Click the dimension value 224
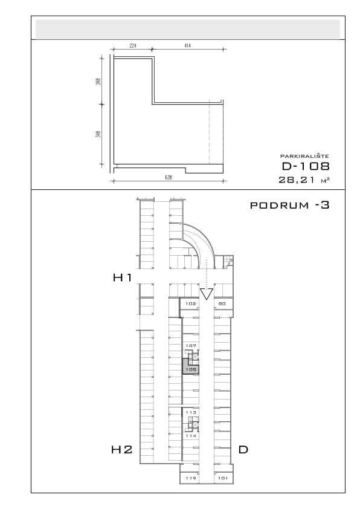(x=133, y=45)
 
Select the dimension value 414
(x=187, y=45)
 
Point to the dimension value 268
(x=98, y=81)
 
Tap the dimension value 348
(x=98, y=134)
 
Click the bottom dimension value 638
(x=169, y=177)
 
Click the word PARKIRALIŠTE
(x=304, y=157)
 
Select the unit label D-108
(x=306, y=166)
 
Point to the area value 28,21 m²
(x=304, y=180)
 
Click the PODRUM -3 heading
(x=290, y=205)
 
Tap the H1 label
(x=122, y=277)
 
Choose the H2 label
(x=122, y=450)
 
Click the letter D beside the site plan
(x=243, y=450)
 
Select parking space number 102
(x=191, y=304)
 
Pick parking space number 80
(x=222, y=304)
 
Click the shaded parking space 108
(x=191, y=368)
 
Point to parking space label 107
(x=191, y=346)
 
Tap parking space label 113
(x=191, y=412)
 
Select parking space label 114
(x=191, y=436)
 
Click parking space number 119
(x=191, y=478)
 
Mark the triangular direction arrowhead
(x=206, y=293)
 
